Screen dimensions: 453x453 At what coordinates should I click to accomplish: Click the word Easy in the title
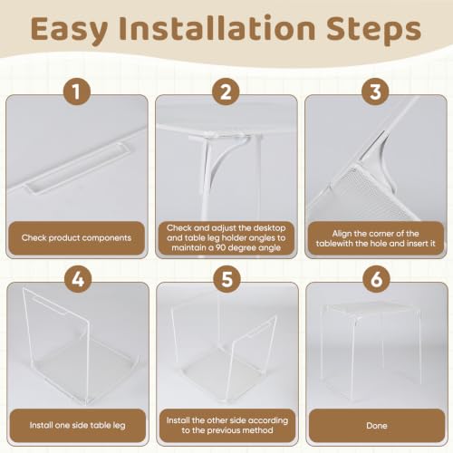[69, 31]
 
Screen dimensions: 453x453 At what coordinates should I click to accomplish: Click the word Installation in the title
[217, 29]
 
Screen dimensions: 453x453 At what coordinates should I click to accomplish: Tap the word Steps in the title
[374, 31]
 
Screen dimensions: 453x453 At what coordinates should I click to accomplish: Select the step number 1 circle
[77, 92]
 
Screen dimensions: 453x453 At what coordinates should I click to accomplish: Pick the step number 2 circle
[226, 92]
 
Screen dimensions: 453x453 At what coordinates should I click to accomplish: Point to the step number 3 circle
[375, 92]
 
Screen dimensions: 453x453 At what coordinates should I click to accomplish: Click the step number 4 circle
[78, 279]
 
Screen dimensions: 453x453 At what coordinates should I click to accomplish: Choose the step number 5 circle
[227, 279]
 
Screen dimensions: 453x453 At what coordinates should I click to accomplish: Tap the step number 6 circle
[377, 279]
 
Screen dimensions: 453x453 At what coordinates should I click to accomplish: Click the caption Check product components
[76, 238]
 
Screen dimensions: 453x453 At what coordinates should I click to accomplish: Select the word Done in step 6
[377, 426]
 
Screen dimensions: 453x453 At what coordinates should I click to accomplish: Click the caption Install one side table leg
[77, 426]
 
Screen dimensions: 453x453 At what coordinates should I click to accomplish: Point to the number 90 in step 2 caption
[221, 247]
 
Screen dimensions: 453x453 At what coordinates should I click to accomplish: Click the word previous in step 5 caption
[233, 430]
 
